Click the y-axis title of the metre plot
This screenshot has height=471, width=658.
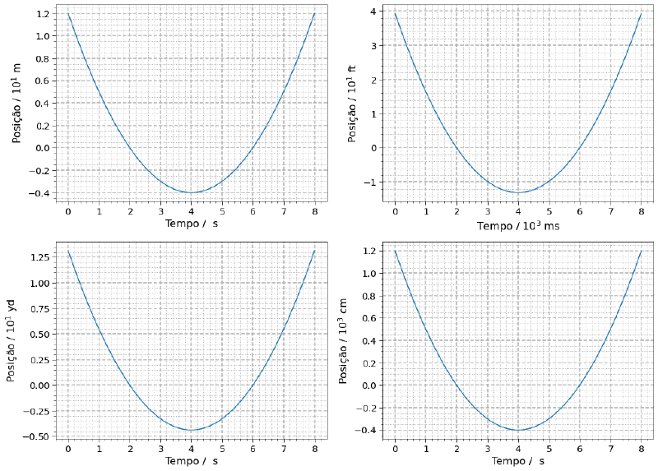(x=16, y=103)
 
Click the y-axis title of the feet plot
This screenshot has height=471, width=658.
(x=353, y=103)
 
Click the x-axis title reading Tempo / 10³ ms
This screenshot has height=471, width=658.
(x=517, y=226)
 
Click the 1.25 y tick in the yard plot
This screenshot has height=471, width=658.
(x=37, y=257)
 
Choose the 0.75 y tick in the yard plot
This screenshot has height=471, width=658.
(x=37, y=308)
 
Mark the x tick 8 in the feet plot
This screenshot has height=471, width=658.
(x=642, y=213)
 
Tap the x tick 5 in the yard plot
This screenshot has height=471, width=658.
(x=222, y=450)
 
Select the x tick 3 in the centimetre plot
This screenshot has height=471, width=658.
(x=487, y=450)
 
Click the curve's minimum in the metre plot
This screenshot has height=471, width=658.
(x=192, y=192)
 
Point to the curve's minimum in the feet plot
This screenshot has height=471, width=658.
(x=518, y=192)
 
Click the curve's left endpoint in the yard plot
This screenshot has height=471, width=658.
(x=68, y=252)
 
